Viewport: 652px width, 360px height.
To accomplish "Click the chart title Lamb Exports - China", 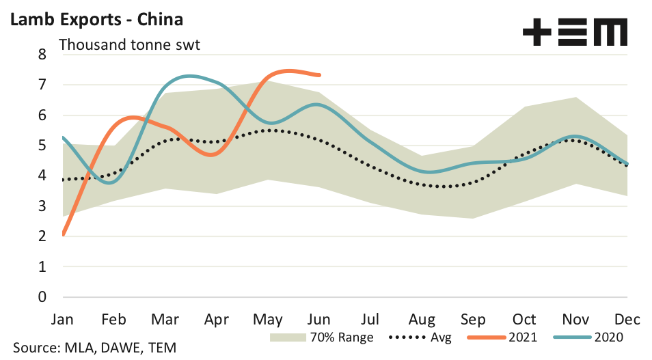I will coord(96,18).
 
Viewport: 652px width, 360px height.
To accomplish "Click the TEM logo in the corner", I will coord(574,31).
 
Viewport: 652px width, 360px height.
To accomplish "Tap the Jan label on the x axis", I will coord(63,320).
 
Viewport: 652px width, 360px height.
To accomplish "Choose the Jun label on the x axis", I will coord(320,320).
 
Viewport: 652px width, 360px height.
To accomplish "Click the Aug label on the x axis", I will coord(422,320).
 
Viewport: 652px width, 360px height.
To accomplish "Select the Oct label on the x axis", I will coord(525,320).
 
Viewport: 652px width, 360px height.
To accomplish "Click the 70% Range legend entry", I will coord(321,337).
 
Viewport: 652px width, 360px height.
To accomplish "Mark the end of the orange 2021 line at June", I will coord(320,74).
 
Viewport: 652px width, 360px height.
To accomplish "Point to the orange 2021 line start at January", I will coord(63,234).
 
